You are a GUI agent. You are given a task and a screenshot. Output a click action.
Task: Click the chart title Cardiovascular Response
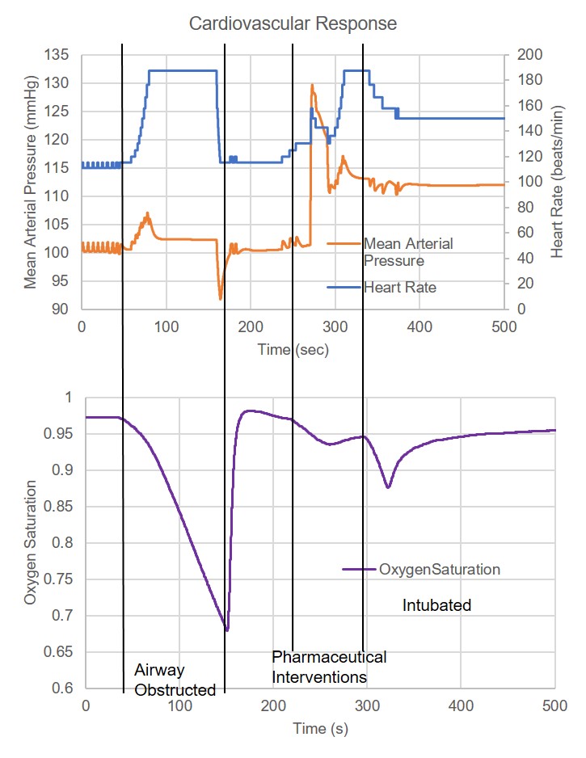pos(293,23)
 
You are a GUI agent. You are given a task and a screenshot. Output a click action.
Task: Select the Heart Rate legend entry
pos(399,286)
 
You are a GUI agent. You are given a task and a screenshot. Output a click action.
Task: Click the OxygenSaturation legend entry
pos(439,569)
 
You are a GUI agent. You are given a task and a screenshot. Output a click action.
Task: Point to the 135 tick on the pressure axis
pos(59,55)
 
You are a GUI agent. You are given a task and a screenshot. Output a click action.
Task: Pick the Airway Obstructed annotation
pos(175,680)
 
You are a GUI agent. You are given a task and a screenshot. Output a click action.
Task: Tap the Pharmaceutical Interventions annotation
pos(329,667)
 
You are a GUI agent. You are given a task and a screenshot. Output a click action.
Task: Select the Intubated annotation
pos(436,604)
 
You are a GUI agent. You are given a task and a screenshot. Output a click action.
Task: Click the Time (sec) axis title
pos(293,349)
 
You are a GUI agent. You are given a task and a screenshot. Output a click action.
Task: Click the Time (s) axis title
pos(320,728)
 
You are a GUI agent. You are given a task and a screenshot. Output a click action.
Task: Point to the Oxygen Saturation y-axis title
pos(31,542)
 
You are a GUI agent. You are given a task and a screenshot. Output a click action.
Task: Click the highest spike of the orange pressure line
pos(312,84)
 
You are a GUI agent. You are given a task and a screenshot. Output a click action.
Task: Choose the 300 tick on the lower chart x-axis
pos(367,705)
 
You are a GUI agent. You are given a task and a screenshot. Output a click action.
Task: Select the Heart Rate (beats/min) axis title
pos(558,182)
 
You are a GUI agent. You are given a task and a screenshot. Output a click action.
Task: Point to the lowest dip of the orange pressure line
pos(220,299)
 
